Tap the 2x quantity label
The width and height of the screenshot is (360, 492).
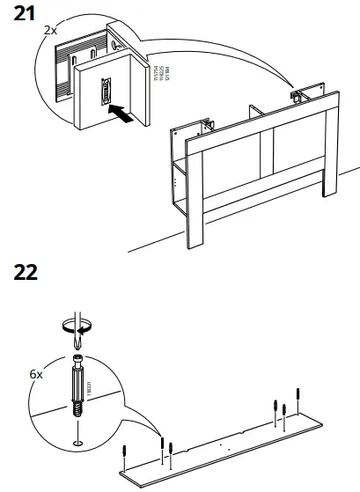point(50,30)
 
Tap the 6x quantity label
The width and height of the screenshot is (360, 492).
point(35,373)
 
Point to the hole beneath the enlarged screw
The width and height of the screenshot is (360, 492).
point(77,442)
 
